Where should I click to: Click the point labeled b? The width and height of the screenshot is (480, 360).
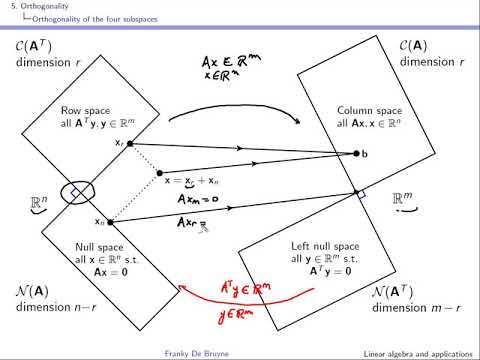coord(356,153)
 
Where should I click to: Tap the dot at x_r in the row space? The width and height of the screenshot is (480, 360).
coord(130,144)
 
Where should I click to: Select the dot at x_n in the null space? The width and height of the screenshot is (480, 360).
coord(109,221)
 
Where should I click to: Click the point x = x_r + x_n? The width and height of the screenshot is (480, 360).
coord(157,172)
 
